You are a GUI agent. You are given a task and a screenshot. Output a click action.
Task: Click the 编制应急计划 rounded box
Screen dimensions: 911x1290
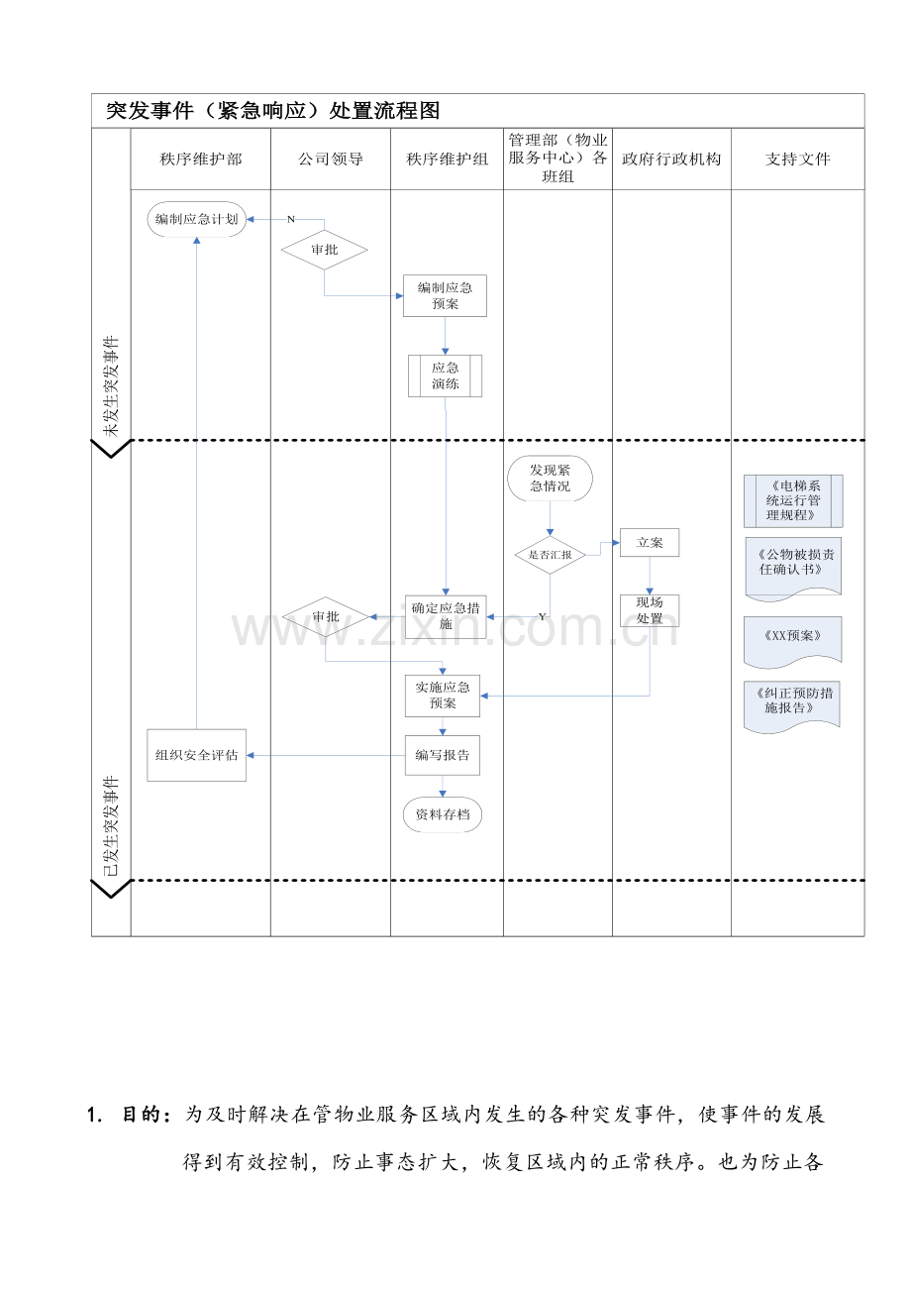click(x=196, y=219)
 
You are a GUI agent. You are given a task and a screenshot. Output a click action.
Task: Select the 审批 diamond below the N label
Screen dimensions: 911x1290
click(x=324, y=250)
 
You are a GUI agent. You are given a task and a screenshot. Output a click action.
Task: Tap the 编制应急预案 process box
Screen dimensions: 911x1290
click(x=445, y=295)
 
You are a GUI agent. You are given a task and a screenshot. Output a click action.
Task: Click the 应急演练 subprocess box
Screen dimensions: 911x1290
click(x=445, y=376)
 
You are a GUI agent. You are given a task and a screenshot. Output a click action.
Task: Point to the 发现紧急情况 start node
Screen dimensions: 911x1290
click(x=550, y=478)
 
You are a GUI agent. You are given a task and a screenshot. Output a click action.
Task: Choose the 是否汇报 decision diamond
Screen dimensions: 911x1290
click(x=550, y=555)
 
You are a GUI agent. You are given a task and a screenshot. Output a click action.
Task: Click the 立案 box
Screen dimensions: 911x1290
click(x=650, y=543)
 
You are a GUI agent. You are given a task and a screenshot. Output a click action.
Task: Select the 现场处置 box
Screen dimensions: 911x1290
click(x=650, y=610)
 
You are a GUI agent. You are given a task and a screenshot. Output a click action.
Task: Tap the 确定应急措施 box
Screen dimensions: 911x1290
click(x=446, y=616)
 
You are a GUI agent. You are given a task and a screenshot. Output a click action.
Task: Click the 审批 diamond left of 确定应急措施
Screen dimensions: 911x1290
click(x=325, y=617)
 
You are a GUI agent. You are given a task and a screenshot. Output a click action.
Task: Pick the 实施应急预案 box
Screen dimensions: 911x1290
click(x=442, y=696)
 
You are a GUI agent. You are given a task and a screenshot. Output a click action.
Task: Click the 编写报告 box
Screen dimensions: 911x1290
click(x=442, y=755)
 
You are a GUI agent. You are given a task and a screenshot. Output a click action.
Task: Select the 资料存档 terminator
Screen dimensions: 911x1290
click(x=442, y=814)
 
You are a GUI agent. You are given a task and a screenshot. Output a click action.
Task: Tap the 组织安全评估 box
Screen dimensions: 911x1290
click(x=196, y=755)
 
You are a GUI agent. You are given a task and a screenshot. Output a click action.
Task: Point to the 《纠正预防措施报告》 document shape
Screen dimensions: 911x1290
click(x=792, y=706)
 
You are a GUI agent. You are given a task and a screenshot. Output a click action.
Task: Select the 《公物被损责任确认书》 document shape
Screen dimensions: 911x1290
click(x=793, y=569)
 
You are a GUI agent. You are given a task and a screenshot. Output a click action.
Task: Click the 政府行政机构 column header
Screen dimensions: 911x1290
click(x=671, y=159)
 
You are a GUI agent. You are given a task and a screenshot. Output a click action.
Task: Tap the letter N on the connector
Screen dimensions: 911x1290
click(x=290, y=219)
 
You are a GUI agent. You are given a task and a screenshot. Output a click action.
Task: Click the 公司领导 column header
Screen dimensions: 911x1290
click(x=331, y=159)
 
